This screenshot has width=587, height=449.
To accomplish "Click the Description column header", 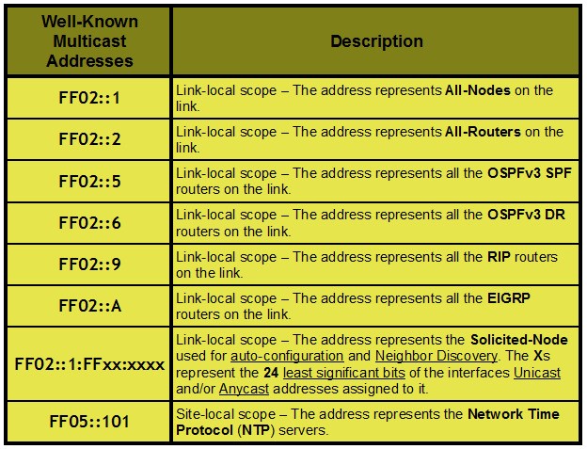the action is pos(376,41).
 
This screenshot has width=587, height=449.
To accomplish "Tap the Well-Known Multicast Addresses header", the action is pos(90,41).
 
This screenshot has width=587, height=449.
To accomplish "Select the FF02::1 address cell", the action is pos(89,98).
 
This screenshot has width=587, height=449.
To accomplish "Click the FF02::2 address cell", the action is pos(90,139).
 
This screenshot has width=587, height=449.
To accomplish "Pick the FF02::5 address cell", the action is pos(90,182).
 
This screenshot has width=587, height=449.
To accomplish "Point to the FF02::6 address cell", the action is pos(90,223).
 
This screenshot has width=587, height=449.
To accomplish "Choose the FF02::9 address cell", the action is pos(90,265).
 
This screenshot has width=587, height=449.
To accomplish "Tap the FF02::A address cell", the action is pos(90,306).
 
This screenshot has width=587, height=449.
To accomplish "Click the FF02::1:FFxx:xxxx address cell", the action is pos(89,364).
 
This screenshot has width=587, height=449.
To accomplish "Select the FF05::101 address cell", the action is pos(89,422).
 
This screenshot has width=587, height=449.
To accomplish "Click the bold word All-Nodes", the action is pos(478,90).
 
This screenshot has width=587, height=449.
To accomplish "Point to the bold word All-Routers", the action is pos(483,132).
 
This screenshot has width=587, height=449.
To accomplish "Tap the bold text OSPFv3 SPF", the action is pos(530,173).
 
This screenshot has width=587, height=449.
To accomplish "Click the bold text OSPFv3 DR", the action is pos(527,215).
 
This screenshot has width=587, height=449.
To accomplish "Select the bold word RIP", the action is pos(499,257).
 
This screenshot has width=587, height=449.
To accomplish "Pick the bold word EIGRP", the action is pos(509,298).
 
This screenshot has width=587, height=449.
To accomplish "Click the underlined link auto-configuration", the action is pos(287,356).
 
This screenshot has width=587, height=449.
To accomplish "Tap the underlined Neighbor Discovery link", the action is pos(436,356).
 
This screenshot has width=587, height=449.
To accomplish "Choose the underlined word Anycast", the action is pos(244,389).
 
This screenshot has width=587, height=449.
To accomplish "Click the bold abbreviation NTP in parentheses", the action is pos(256,430).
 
